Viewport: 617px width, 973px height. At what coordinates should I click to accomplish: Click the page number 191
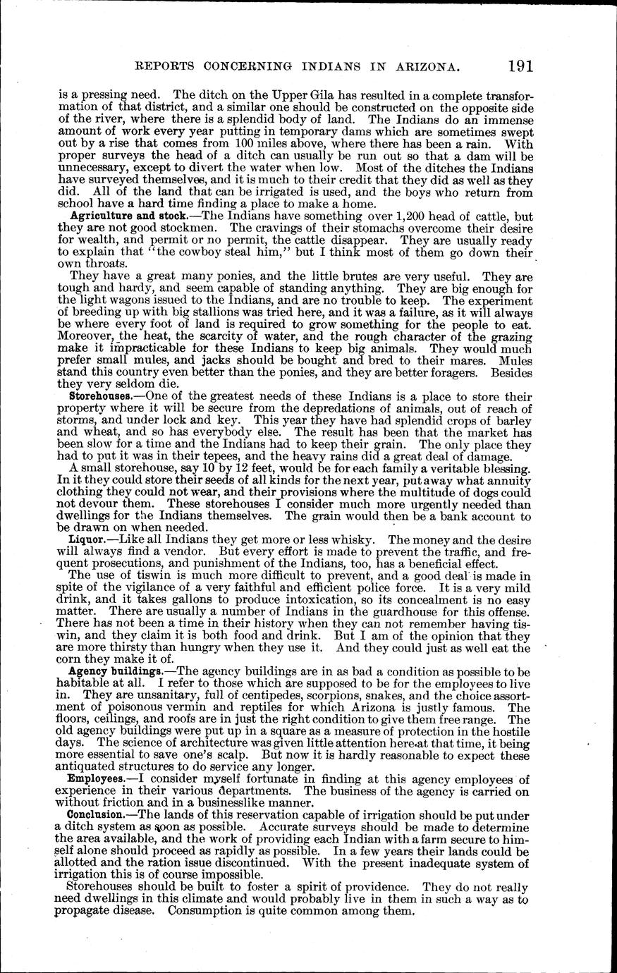tap(520, 66)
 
